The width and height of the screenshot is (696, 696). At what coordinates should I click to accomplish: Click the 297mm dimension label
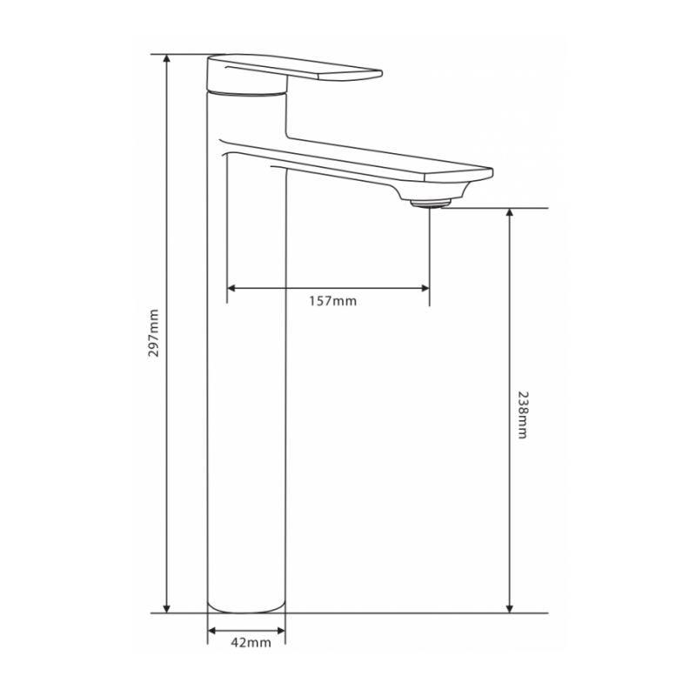(x=154, y=333)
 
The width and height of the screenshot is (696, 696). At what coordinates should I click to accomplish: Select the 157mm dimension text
(x=333, y=301)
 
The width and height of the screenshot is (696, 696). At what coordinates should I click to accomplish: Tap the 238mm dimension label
(x=524, y=415)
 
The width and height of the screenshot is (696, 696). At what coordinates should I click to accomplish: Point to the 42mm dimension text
(x=251, y=642)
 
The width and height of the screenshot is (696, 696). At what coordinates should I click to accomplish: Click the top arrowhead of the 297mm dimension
(x=167, y=58)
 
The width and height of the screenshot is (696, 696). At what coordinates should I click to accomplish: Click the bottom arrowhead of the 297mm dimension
(x=167, y=608)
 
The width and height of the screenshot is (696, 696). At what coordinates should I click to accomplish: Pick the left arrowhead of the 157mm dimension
(x=231, y=289)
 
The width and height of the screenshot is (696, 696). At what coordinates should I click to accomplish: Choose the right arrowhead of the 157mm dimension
(x=425, y=289)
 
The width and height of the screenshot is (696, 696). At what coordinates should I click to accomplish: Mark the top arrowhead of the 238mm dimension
(x=510, y=212)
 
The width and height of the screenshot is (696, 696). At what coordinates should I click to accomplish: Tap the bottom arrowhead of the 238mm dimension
(x=510, y=608)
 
